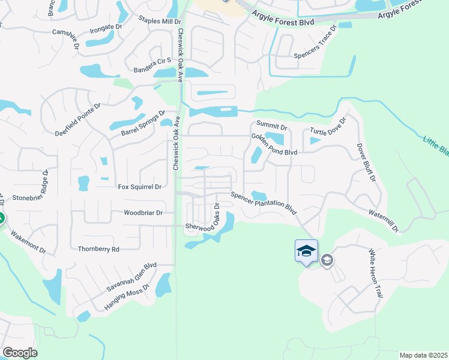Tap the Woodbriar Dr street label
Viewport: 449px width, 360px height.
click(x=143, y=213)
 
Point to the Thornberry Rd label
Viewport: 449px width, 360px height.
click(x=99, y=249)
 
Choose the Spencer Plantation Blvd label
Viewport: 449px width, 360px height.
click(x=265, y=203)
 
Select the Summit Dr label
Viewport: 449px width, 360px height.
click(x=276, y=128)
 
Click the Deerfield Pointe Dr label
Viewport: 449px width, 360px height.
click(x=78, y=119)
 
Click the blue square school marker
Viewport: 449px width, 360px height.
click(x=306, y=251)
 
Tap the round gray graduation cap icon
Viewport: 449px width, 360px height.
click(x=327, y=260)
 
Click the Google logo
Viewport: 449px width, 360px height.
click(x=20, y=353)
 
